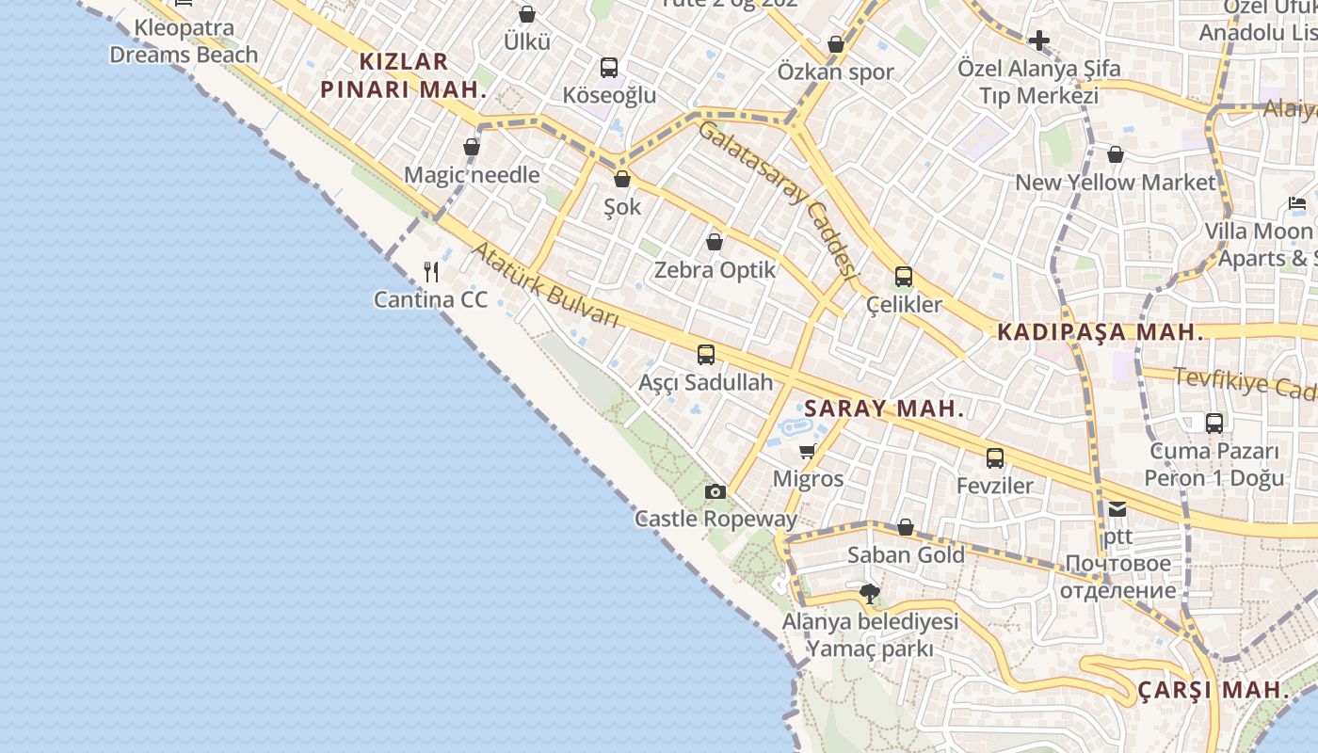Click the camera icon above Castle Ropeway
[715, 491]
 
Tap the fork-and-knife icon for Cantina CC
[432, 272]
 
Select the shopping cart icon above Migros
[807, 452]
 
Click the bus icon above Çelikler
[904, 277]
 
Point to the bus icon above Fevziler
[995, 458]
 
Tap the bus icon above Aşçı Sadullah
[706, 355]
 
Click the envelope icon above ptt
[1117, 509]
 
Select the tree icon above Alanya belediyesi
[870, 594]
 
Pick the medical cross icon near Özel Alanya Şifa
[1039, 40]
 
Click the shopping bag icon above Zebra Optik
[715, 242]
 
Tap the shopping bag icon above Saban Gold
[906, 527]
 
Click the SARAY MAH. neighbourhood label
[885, 409]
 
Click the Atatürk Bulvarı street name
[545, 285]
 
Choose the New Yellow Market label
[1116, 183]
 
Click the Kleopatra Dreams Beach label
[184, 41]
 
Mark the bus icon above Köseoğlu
[609, 68]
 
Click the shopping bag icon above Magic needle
[472, 147]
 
